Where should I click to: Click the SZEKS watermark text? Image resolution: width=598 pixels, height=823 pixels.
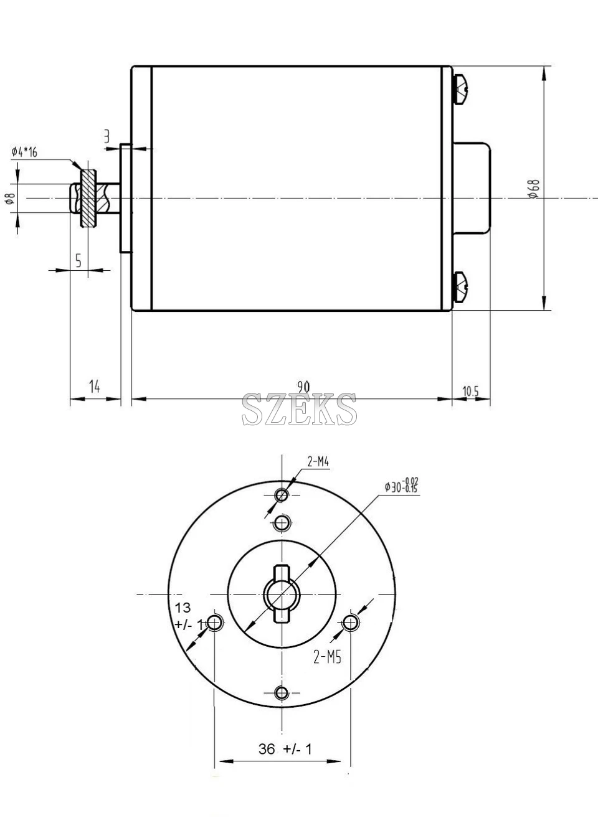tap(299, 409)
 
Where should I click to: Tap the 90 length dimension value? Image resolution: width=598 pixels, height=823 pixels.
tap(303, 387)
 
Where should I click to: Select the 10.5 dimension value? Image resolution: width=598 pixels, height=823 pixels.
tap(470, 391)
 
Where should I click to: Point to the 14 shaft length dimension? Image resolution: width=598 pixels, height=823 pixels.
tap(95, 387)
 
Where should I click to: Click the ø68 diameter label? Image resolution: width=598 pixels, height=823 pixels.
tap(534, 189)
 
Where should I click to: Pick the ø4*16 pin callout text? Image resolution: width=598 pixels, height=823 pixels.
tap(24, 152)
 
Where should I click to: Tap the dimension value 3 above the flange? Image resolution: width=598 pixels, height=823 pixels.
tap(107, 137)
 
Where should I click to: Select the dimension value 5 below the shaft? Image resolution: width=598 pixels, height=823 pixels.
tap(78, 260)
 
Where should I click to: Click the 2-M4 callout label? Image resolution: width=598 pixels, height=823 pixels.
tap(318, 462)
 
